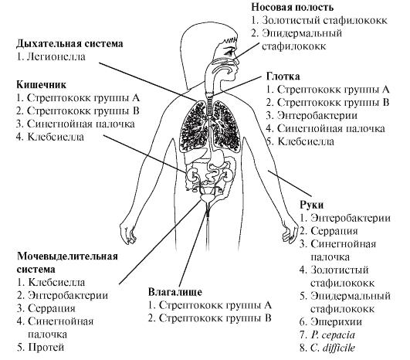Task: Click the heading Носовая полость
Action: (x=293, y=7)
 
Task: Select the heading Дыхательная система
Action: (x=69, y=43)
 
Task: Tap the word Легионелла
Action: (x=56, y=56)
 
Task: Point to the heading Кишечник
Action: (x=42, y=85)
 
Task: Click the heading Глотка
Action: (x=283, y=76)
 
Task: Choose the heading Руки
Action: (x=312, y=205)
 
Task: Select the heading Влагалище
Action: (x=175, y=292)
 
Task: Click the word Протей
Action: (x=46, y=348)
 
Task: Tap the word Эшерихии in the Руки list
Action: (x=337, y=322)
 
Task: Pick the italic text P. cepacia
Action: (x=333, y=335)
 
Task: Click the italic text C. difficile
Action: (x=333, y=348)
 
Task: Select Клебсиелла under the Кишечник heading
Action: (x=56, y=137)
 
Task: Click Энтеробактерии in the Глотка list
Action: (x=317, y=115)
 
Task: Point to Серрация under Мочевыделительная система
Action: (x=52, y=308)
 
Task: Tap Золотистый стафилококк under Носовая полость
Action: (x=324, y=20)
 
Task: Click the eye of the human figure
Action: (x=229, y=52)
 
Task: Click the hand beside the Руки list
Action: (x=290, y=231)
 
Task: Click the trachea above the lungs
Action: (x=210, y=104)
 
